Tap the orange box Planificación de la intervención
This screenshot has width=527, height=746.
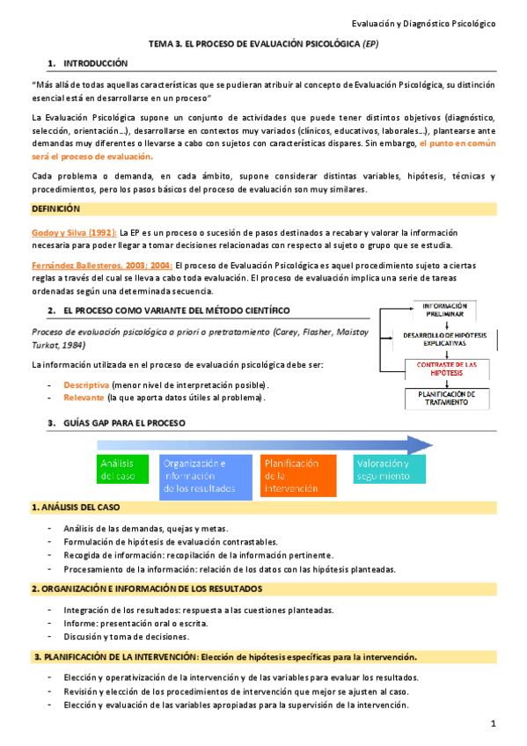[x=298, y=476]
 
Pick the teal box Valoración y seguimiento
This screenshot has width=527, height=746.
[x=391, y=470]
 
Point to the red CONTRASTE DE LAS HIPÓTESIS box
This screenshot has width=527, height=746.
[x=446, y=368]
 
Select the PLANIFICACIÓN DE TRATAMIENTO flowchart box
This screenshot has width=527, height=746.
[x=446, y=398]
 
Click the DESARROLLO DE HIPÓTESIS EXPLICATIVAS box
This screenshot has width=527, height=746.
[x=446, y=339]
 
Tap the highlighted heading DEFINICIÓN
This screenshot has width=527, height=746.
[x=55, y=208]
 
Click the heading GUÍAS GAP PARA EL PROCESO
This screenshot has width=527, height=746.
[x=117, y=423]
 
